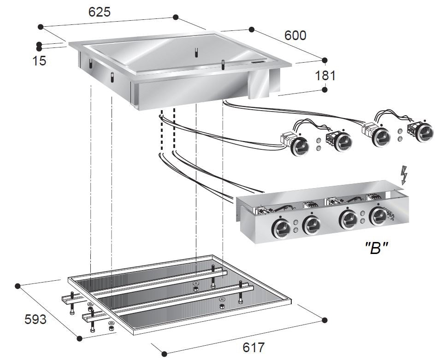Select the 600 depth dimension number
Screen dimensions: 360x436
295,35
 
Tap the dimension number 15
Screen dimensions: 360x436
40,60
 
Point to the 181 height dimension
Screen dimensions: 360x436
326,75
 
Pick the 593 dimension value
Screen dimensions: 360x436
35,319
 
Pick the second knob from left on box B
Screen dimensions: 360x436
312,224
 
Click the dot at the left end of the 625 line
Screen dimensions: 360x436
41,27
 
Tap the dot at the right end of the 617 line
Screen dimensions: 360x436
324,319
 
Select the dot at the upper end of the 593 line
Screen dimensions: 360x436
18,286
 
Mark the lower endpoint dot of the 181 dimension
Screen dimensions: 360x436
324,90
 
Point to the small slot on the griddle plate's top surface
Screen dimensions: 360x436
258,62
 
